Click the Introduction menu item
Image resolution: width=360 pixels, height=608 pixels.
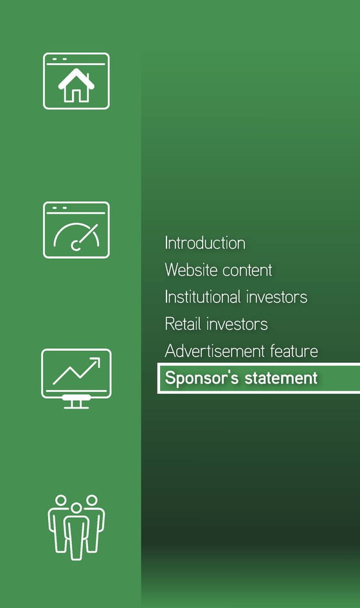click(205, 243)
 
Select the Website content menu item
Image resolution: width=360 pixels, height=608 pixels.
click(219, 270)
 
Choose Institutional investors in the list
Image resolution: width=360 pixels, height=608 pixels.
click(236, 297)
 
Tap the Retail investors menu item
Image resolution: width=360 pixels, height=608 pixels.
click(216, 324)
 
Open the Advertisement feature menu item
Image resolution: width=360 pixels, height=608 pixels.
click(242, 351)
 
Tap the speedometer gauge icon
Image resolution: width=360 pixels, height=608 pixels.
click(76, 230)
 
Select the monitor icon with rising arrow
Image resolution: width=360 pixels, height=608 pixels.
click(76, 378)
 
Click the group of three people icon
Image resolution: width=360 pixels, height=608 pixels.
click(76, 528)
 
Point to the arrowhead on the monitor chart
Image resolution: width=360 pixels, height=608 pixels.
click(96, 362)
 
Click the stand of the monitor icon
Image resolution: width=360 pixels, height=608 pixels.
click(76, 402)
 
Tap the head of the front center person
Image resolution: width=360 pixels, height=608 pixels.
click(76, 508)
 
